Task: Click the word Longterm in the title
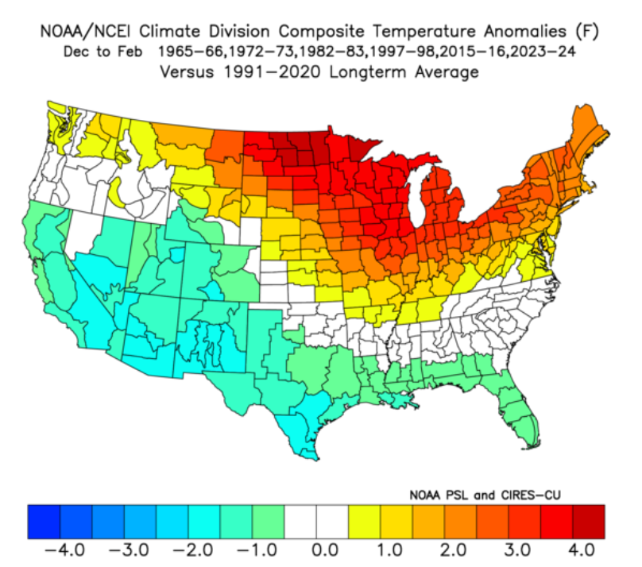(369, 72)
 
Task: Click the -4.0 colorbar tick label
(64, 550)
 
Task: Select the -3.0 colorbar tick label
(129, 550)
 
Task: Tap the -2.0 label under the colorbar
(193, 550)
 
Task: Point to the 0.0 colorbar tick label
(325, 550)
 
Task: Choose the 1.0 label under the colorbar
(389, 550)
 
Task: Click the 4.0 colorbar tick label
(582, 550)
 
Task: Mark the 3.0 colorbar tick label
(517, 550)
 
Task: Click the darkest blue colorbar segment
(44, 522)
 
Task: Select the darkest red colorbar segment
(588, 522)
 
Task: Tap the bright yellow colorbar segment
(364, 522)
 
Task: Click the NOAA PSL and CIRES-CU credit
(485, 495)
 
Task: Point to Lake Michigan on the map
(419, 192)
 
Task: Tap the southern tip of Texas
(316, 459)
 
